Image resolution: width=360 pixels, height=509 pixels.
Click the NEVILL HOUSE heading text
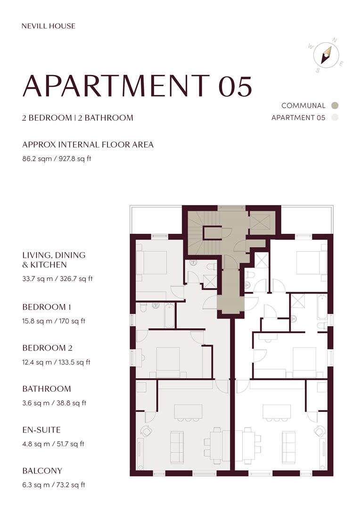click(x=48, y=26)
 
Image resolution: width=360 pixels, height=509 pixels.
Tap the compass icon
click(x=326, y=55)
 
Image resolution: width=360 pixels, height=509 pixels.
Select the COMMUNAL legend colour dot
click(x=335, y=106)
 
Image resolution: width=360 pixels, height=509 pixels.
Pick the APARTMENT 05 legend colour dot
click(x=335, y=118)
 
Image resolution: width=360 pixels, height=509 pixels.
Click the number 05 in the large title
click(x=235, y=86)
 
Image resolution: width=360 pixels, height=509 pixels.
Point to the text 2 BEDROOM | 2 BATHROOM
click(x=78, y=118)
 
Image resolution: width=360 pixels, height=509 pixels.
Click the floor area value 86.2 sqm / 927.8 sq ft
click(x=57, y=159)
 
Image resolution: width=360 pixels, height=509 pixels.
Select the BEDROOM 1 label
click(x=47, y=307)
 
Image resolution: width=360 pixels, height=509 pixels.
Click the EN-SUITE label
click(x=41, y=430)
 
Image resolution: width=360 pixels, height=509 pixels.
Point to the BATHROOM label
click(x=47, y=389)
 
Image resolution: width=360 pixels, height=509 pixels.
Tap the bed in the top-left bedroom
click(x=152, y=263)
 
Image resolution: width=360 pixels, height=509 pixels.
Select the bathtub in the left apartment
click(x=169, y=315)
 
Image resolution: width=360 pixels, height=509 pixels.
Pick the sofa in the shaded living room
click(x=177, y=447)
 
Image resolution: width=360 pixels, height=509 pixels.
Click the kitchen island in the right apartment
click(x=273, y=412)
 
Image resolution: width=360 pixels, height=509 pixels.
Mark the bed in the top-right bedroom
click(x=311, y=263)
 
